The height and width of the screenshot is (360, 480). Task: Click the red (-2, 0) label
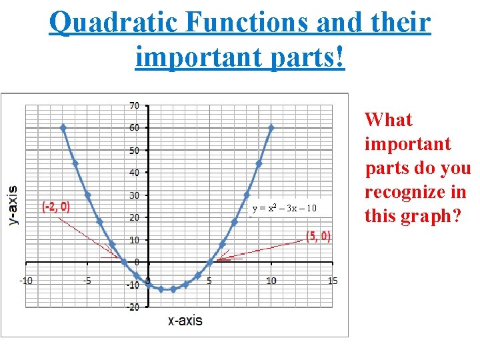click(56, 207)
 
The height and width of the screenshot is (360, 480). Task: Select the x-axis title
click(185, 321)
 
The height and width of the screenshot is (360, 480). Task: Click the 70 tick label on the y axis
click(134, 105)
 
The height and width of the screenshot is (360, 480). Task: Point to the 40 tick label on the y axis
click(134, 173)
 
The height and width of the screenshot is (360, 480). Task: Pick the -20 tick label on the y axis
click(133, 307)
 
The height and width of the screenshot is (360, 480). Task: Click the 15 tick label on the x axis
click(332, 281)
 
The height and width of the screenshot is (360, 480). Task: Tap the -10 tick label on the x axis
click(25, 281)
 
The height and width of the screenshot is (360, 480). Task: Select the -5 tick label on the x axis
click(87, 281)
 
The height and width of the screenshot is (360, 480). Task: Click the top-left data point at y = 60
click(63, 127)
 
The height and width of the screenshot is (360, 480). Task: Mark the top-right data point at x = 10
click(271, 127)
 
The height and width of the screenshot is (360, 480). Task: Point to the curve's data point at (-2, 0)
click(124, 262)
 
